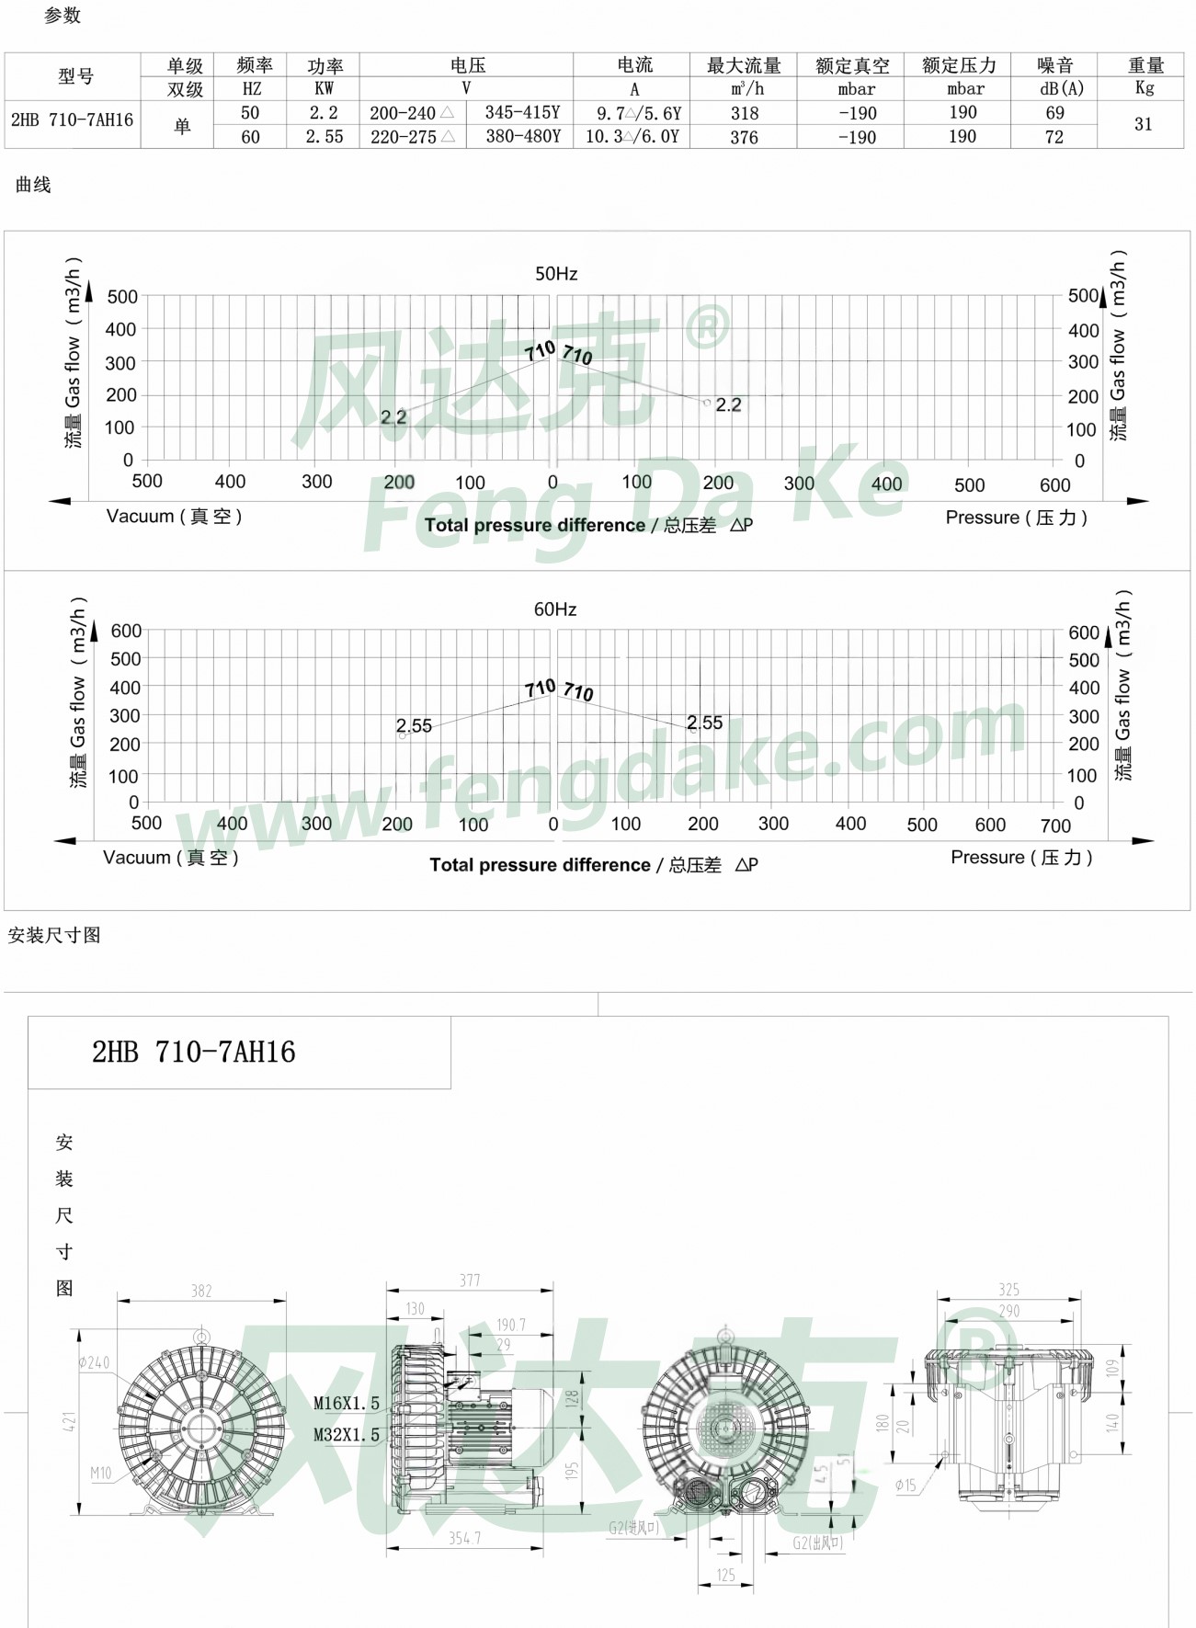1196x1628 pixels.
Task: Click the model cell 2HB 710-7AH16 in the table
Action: pyautogui.click(x=72, y=120)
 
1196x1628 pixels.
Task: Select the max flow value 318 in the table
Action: pyautogui.click(x=744, y=113)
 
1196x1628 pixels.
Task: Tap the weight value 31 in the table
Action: pyautogui.click(x=1143, y=124)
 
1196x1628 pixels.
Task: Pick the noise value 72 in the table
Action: pyautogui.click(x=1054, y=137)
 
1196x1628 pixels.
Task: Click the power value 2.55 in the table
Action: pyautogui.click(x=325, y=137)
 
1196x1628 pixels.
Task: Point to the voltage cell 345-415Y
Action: pyautogui.click(x=522, y=112)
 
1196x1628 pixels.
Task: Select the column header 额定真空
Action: pyautogui.click(x=852, y=65)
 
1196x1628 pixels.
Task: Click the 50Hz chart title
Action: pyautogui.click(x=556, y=274)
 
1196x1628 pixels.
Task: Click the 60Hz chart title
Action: pyautogui.click(x=555, y=609)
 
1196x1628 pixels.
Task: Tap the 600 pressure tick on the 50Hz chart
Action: pyautogui.click(x=1054, y=485)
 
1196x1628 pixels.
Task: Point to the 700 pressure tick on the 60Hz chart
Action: pyautogui.click(x=1055, y=825)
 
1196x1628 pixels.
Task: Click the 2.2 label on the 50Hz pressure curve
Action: pyautogui.click(x=728, y=404)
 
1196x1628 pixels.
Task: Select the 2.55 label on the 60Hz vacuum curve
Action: pyautogui.click(x=414, y=726)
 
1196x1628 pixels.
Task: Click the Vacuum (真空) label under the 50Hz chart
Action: pyautogui.click(x=174, y=517)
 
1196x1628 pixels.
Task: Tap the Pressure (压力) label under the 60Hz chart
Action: pyautogui.click(x=1021, y=858)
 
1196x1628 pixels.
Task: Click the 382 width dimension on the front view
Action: pyautogui.click(x=201, y=1291)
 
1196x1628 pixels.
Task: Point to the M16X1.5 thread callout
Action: pyautogui.click(x=347, y=1404)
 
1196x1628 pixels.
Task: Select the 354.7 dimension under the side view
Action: pyautogui.click(x=464, y=1538)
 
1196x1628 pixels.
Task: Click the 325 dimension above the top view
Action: pyautogui.click(x=1008, y=1290)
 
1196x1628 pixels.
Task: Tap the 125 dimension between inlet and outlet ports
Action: pyautogui.click(x=725, y=1576)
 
